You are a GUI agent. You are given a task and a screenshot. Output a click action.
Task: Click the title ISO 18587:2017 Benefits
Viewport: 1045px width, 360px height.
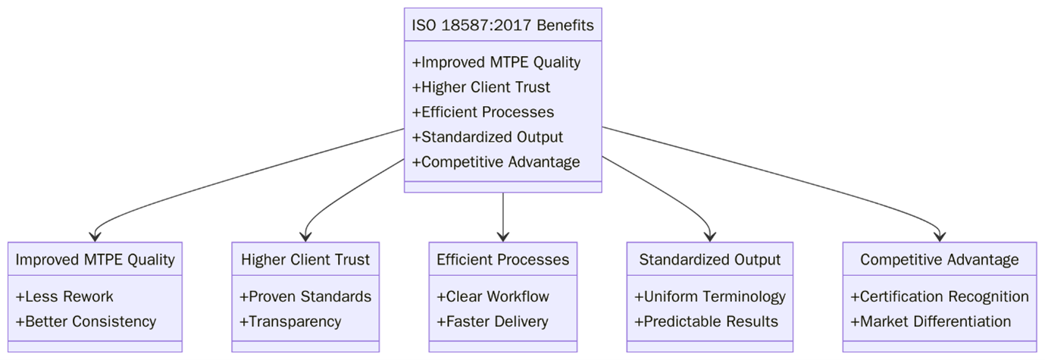(x=502, y=26)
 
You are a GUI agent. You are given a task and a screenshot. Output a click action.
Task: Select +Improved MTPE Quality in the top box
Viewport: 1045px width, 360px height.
(x=496, y=62)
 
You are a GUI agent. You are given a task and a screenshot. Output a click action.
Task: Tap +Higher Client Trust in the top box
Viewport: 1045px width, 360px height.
(x=480, y=87)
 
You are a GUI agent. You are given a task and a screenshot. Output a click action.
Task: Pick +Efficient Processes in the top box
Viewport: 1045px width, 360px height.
(x=483, y=112)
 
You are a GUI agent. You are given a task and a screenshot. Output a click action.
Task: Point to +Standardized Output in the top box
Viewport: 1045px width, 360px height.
(x=487, y=137)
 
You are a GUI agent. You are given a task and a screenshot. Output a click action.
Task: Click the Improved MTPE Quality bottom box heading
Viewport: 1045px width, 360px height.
(x=95, y=260)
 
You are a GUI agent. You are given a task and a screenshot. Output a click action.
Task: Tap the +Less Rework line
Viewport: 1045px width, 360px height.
(x=64, y=296)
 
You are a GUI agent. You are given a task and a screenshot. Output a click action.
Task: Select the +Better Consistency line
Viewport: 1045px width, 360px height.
(x=86, y=321)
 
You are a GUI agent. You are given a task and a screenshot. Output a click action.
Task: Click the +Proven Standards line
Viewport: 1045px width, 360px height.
(x=305, y=296)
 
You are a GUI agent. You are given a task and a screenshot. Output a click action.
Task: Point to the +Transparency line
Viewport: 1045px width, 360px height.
(x=290, y=321)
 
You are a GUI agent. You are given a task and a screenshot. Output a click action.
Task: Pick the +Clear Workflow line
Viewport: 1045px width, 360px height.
(x=493, y=296)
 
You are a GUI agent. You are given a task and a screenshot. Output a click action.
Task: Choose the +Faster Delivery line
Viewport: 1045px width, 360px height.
(x=492, y=321)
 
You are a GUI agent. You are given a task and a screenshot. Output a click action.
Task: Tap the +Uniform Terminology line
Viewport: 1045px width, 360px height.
(x=709, y=296)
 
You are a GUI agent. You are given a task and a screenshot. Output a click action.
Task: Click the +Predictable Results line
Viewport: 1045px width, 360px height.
(x=706, y=321)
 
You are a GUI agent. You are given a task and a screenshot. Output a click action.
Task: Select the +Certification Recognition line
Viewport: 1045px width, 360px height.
(x=939, y=296)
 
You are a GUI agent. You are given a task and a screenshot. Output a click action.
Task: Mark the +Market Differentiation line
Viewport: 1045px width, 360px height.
(x=931, y=321)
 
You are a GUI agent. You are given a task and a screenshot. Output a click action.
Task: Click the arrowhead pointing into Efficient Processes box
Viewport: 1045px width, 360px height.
(x=503, y=236)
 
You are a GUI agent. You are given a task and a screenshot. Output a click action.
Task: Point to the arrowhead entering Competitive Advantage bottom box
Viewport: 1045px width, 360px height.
(x=940, y=236)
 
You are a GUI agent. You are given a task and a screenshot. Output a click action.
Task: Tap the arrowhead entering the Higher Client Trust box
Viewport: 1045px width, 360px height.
(x=305, y=236)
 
